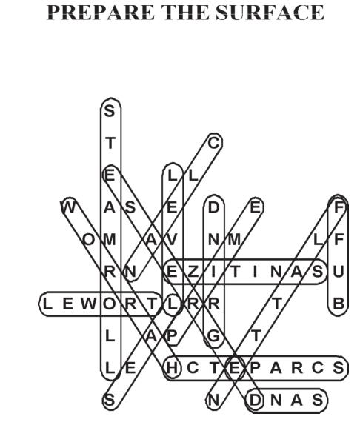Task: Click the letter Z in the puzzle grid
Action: (x=193, y=272)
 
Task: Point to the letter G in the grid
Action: (x=213, y=336)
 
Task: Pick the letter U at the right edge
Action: (x=339, y=272)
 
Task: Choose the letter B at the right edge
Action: (x=339, y=304)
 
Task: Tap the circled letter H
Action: (x=172, y=368)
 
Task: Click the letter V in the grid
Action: (x=172, y=240)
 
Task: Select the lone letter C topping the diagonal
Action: (x=213, y=143)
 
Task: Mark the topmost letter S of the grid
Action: (x=110, y=111)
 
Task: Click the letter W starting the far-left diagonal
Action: (x=68, y=208)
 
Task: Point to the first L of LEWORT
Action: (x=47, y=304)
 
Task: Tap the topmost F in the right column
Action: (x=339, y=208)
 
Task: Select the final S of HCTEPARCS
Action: (x=339, y=368)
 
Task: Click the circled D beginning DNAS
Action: (x=255, y=400)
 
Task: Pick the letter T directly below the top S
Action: (x=110, y=143)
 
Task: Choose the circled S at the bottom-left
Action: (x=110, y=400)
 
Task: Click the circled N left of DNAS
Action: (x=213, y=400)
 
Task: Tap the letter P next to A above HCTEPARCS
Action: (x=172, y=336)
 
